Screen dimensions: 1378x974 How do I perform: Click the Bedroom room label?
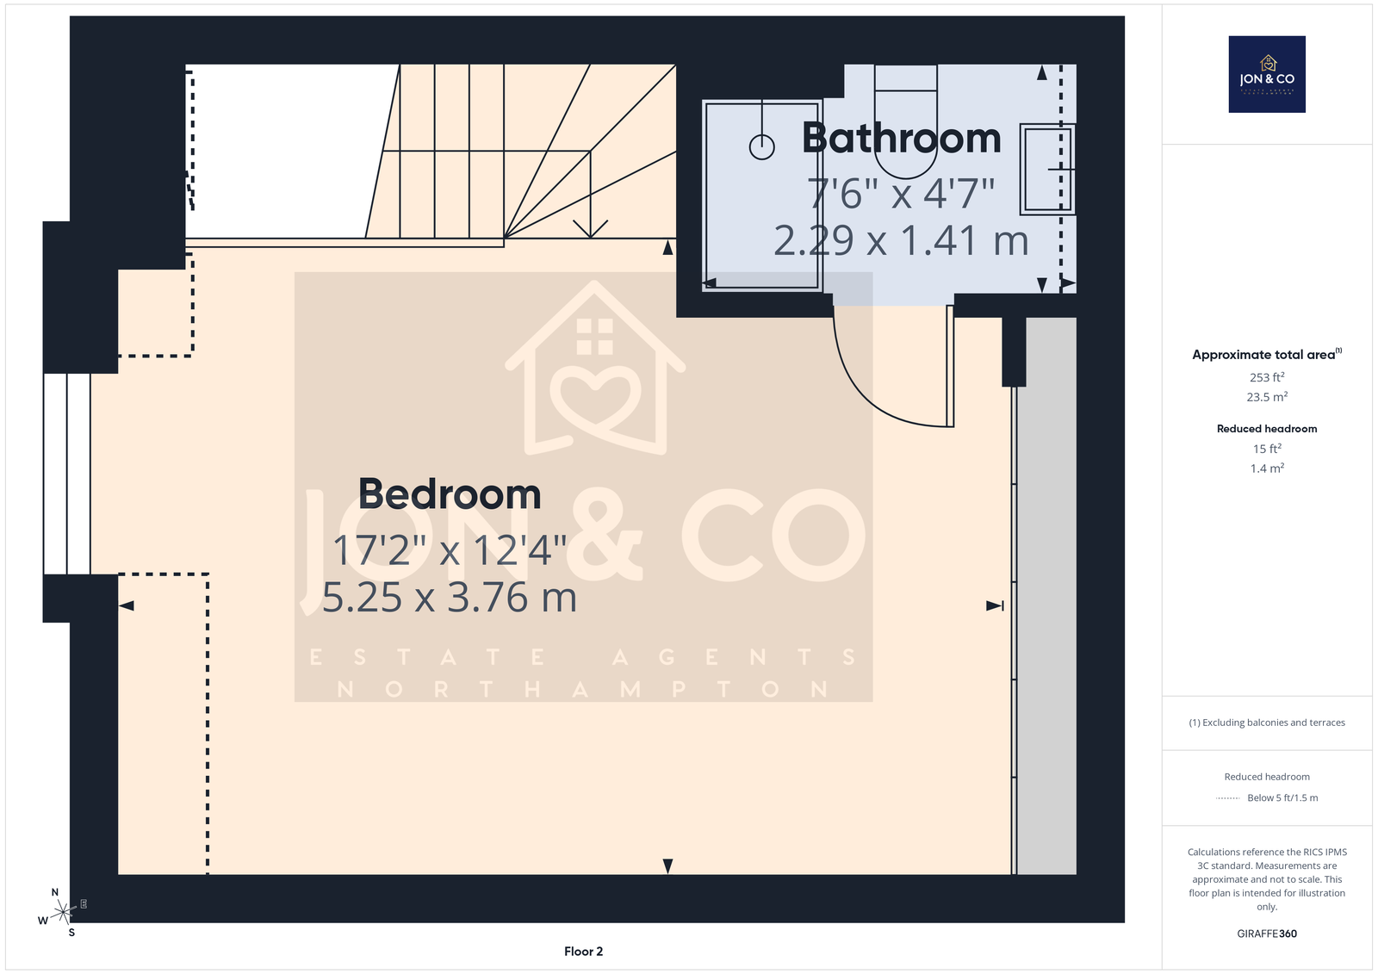(449, 494)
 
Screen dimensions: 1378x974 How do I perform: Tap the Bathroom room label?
(901, 138)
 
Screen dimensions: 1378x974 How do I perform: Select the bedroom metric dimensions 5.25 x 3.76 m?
(449, 598)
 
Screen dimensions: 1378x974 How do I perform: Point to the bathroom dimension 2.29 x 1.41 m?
(901, 240)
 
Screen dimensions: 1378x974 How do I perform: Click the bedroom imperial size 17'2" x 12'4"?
(449, 549)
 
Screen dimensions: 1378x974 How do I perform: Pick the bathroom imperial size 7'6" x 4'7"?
(901, 193)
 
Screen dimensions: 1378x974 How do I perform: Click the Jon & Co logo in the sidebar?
(1267, 74)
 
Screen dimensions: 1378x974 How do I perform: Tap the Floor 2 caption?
(583, 952)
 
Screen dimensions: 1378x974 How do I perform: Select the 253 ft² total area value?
(1267, 377)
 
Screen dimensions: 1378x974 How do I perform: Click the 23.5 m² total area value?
(1267, 397)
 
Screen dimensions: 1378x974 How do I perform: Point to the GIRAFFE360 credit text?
(1267, 934)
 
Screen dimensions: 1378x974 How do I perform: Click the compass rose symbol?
(63, 912)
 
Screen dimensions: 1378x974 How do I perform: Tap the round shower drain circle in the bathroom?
(761, 147)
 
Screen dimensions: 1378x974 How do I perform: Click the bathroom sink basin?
(1047, 169)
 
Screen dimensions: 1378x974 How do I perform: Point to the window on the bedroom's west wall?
(67, 474)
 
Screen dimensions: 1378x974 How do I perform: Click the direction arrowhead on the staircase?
(591, 229)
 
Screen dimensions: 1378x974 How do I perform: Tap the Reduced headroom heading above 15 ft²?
(1267, 429)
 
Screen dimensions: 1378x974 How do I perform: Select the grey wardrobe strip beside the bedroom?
(1046, 596)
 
